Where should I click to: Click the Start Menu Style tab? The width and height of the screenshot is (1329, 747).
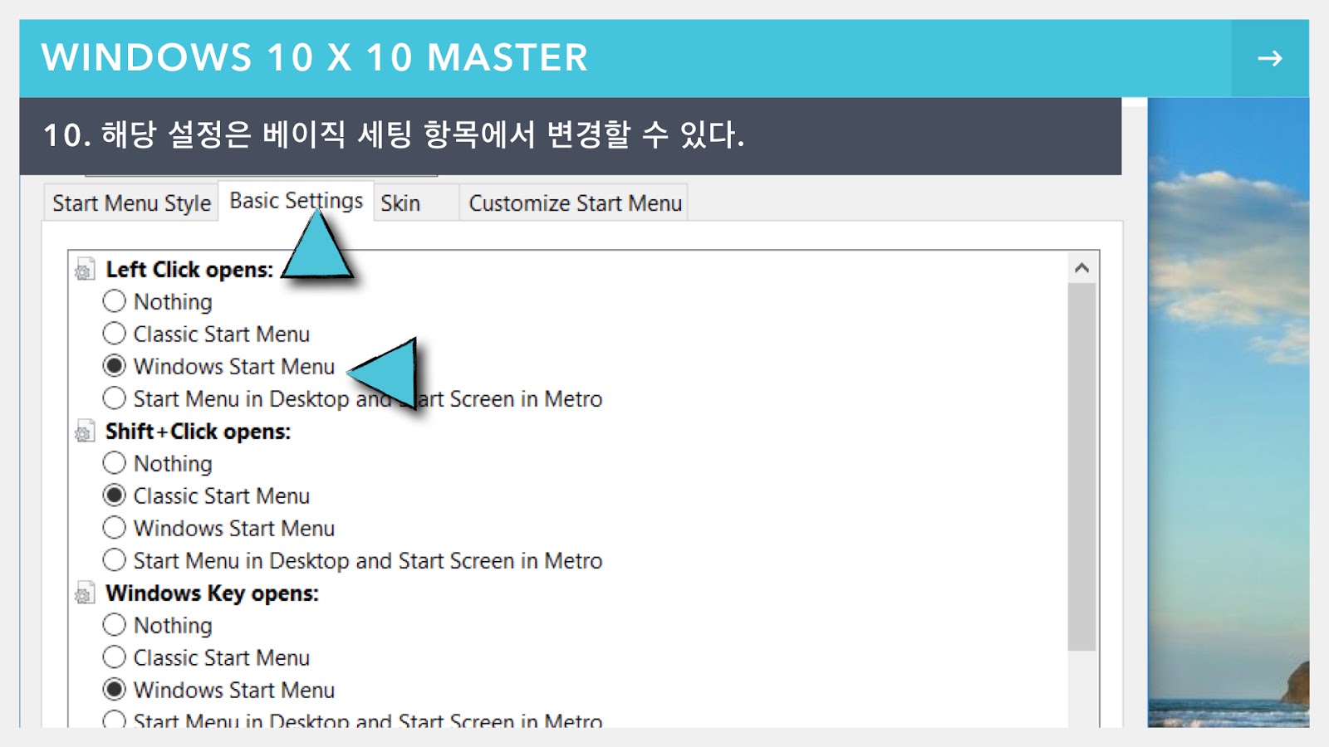(131, 203)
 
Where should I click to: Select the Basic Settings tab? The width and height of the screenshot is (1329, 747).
(295, 201)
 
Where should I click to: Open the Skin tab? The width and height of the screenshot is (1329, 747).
(400, 203)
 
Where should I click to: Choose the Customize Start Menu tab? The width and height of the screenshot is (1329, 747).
(575, 203)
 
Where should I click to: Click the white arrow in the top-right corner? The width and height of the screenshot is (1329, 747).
(1269, 58)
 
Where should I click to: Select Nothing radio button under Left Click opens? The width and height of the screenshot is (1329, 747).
(115, 301)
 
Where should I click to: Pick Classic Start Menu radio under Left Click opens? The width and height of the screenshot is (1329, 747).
(115, 334)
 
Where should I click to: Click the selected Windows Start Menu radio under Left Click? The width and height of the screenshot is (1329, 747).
(115, 366)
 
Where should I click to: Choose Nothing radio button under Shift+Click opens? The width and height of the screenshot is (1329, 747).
(115, 463)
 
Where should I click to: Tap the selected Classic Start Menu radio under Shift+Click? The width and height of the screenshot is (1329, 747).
(115, 496)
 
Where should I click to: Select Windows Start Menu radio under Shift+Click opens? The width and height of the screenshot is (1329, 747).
(115, 528)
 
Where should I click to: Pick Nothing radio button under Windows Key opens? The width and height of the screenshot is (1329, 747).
(115, 625)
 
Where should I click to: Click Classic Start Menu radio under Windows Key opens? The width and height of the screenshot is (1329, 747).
(115, 657)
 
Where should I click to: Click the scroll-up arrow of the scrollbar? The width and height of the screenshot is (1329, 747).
(1081, 268)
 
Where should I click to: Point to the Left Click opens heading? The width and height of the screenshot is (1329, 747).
(189, 270)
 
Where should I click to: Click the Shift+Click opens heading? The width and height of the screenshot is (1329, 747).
(198, 432)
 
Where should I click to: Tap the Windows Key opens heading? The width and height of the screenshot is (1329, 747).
(212, 593)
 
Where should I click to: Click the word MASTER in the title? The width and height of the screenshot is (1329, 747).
(507, 58)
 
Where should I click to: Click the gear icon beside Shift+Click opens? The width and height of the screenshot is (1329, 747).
(84, 432)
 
